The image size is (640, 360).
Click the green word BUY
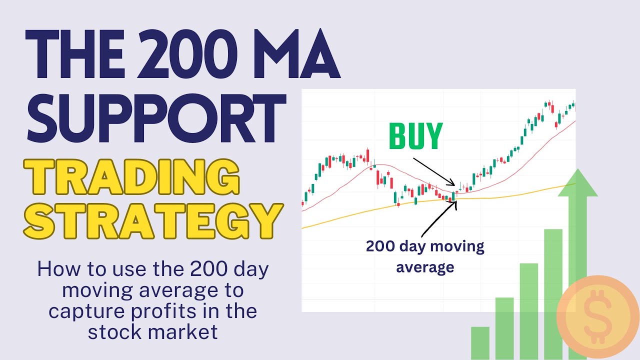(416, 135)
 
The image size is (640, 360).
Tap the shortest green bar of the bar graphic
(480, 342)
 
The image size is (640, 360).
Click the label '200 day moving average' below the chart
(425, 256)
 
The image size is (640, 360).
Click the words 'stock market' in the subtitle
(153, 331)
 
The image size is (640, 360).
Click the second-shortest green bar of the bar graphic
(504, 327)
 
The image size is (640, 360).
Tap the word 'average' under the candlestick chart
(425, 267)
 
